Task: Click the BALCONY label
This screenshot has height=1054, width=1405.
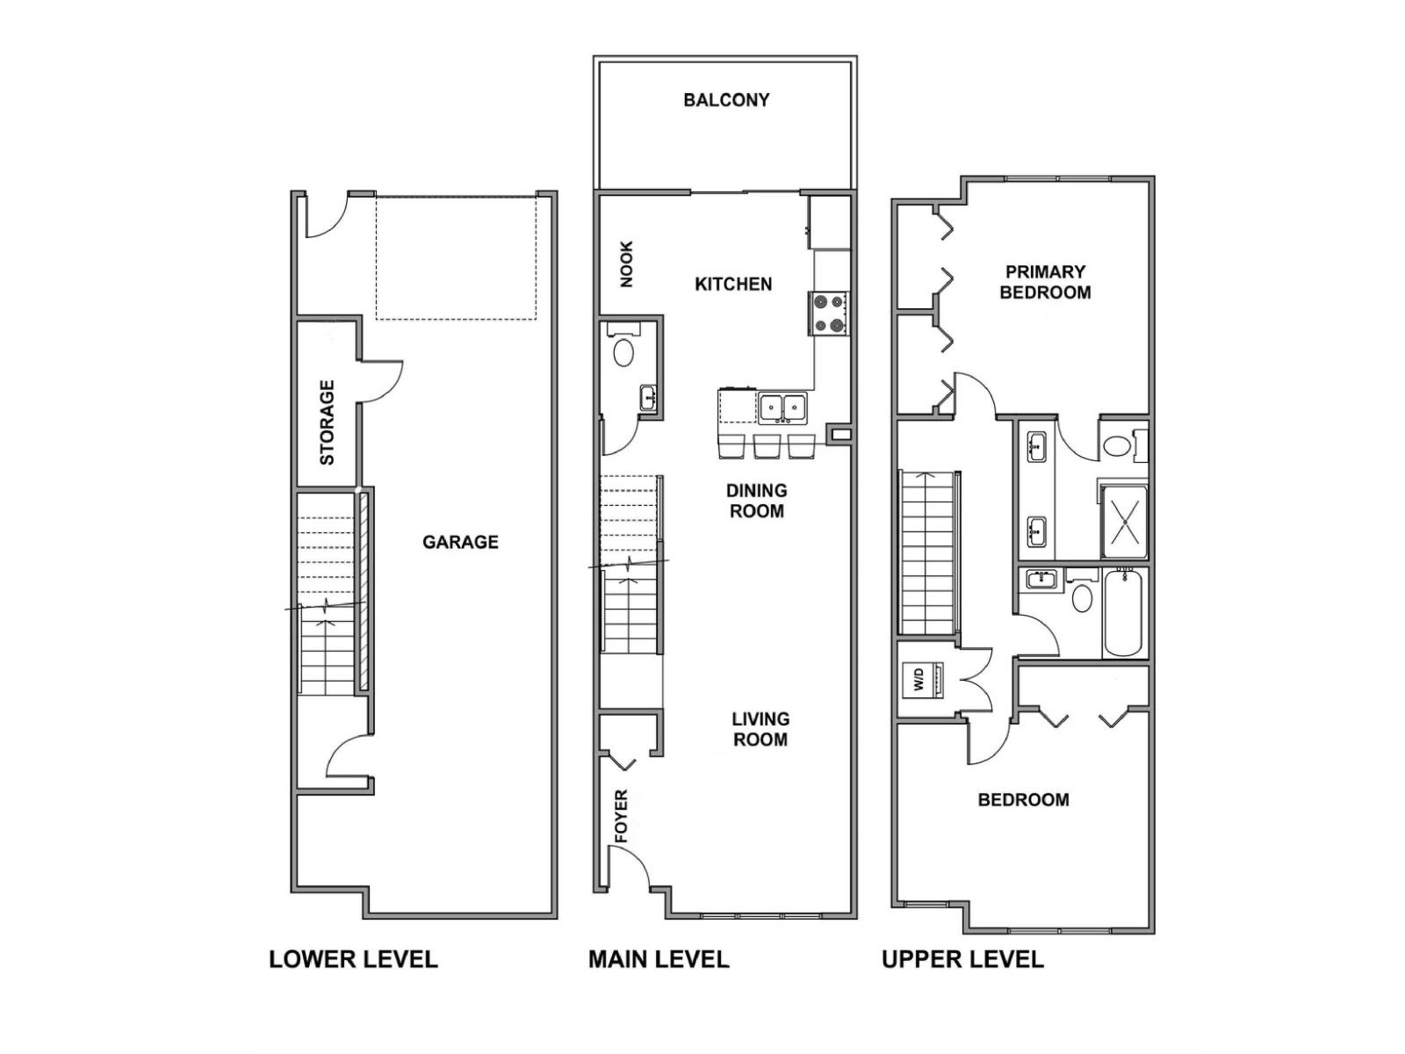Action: pyautogui.click(x=726, y=100)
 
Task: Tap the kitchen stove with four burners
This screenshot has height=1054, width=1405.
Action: pyautogui.click(x=829, y=314)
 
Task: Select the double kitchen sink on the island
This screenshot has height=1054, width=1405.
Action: pyautogui.click(x=783, y=407)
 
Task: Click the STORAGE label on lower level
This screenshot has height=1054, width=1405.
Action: pyautogui.click(x=327, y=422)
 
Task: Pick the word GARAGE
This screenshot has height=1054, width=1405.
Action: pyautogui.click(x=460, y=542)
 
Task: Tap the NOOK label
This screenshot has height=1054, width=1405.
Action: pyautogui.click(x=626, y=263)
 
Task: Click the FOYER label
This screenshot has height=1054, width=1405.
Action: pyautogui.click(x=622, y=816)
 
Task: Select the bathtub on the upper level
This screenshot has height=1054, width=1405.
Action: pyautogui.click(x=1123, y=612)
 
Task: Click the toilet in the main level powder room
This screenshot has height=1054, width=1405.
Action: pyautogui.click(x=623, y=352)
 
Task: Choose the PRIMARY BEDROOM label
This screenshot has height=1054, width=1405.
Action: pyautogui.click(x=1045, y=282)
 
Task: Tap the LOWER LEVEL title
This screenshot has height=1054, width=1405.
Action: pyautogui.click(x=353, y=959)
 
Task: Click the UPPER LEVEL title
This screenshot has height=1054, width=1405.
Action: pyautogui.click(x=962, y=959)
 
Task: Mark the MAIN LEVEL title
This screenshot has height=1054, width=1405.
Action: pyautogui.click(x=659, y=959)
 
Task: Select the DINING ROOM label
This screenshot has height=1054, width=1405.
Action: pyautogui.click(x=756, y=501)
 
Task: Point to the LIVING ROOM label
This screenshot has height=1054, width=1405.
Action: pyautogui.click(x=760, y=729)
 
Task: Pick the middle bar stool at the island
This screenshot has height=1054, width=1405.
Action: pyautogui.click(x=767, y=446)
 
